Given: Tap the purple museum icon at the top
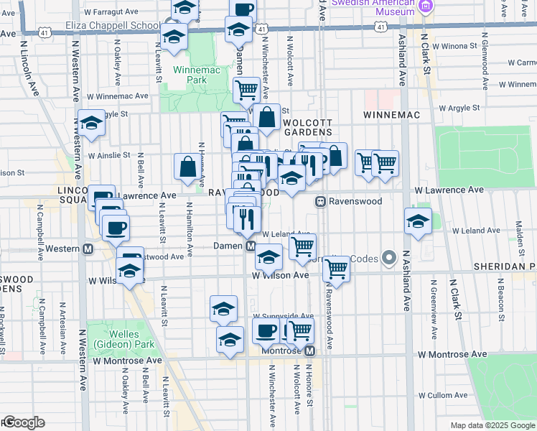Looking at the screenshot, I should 425,6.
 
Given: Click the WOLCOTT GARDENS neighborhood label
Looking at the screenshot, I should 307,127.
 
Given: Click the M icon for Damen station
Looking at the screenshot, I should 251,246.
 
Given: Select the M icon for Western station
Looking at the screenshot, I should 88,249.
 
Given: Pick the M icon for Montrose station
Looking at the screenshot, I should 309,351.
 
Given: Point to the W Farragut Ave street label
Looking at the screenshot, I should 111,12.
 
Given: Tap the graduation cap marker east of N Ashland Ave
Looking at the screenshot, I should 417,222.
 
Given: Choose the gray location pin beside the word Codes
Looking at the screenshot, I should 390,256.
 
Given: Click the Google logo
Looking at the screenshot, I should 24,422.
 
